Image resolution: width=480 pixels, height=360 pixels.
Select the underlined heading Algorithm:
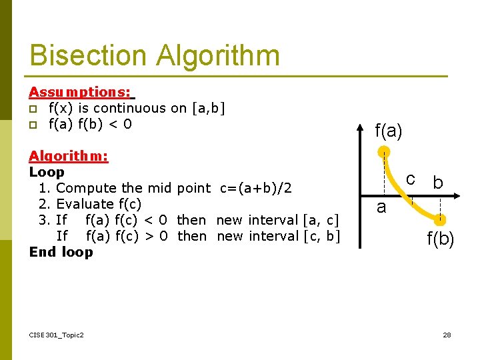coord(69,156)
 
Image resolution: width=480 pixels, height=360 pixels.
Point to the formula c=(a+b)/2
coord(255,188)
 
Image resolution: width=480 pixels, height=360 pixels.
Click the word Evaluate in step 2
coord(85,204)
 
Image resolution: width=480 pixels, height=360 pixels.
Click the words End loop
coord(61,252)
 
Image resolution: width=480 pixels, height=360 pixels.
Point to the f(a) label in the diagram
coord(389,131)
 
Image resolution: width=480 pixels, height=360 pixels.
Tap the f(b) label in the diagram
coord(441,239)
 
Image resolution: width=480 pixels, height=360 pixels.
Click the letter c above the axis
coord(411,179)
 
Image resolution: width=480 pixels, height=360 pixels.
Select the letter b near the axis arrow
coord(437,182)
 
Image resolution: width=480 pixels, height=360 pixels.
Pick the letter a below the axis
coord(381,207)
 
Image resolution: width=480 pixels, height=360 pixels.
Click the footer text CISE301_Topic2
coord(57,335)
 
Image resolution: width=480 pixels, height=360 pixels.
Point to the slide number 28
coord(447,335)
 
